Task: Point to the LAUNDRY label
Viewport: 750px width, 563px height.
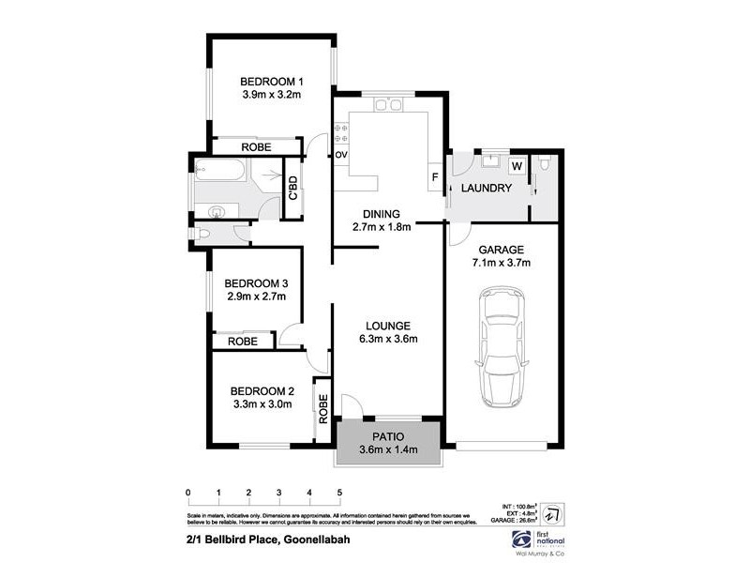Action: click(x=486, y=189)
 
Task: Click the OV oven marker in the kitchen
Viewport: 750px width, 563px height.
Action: click(x=341, y=154)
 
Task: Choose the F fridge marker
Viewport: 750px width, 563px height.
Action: click(x=435, y=176)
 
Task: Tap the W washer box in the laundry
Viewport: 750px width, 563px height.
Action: click(x=517, y=166)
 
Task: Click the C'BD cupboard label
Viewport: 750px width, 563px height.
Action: click(x=293, y=189)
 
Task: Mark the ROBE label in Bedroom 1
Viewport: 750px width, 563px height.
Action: click(x=256, y=147)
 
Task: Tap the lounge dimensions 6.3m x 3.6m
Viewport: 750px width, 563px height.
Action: click(x=386, y=339)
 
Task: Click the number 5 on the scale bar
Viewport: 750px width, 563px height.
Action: click(x=338, y=492)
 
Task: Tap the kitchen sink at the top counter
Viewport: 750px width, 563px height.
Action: click(x=386, y=105)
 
